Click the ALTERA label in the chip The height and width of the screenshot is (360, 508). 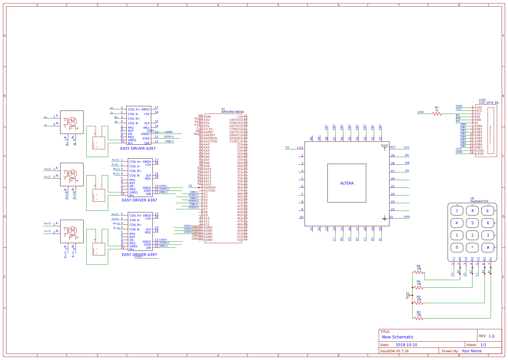click(x=347, y=183)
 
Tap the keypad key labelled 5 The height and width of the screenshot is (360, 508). click(x=472, y=223)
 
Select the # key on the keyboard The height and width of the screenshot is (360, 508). click(x=487, y=247)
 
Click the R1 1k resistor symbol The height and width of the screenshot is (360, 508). click(x=437, y=114)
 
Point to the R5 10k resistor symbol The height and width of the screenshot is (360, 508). click(x=419, y=272)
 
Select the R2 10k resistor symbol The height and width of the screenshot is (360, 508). click(x=419, y=318)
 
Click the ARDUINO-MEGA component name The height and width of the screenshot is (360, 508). click(x=233, y=112)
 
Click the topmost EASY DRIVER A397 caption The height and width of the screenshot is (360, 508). click(x=138, y=148)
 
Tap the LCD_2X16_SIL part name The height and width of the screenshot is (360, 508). click(x=489, y=103)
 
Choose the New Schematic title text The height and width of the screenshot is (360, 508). click(x=398, y=337)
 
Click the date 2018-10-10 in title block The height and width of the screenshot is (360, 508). click(x=406, y=345)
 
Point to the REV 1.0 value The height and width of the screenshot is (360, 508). click(x=491, y=336)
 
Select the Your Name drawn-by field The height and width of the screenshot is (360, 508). click(x=471, y=351)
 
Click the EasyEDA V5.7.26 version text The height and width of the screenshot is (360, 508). click(x=395, y=351)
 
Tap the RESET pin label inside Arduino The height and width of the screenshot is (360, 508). click(x=210, y=135)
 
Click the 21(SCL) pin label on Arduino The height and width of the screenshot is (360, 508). click(x=235, y=142)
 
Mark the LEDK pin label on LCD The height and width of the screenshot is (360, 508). click(x=480, y=154)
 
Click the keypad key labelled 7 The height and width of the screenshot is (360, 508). click(x=457, y=211)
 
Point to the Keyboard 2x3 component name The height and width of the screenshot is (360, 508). click(x=479, y=201)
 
